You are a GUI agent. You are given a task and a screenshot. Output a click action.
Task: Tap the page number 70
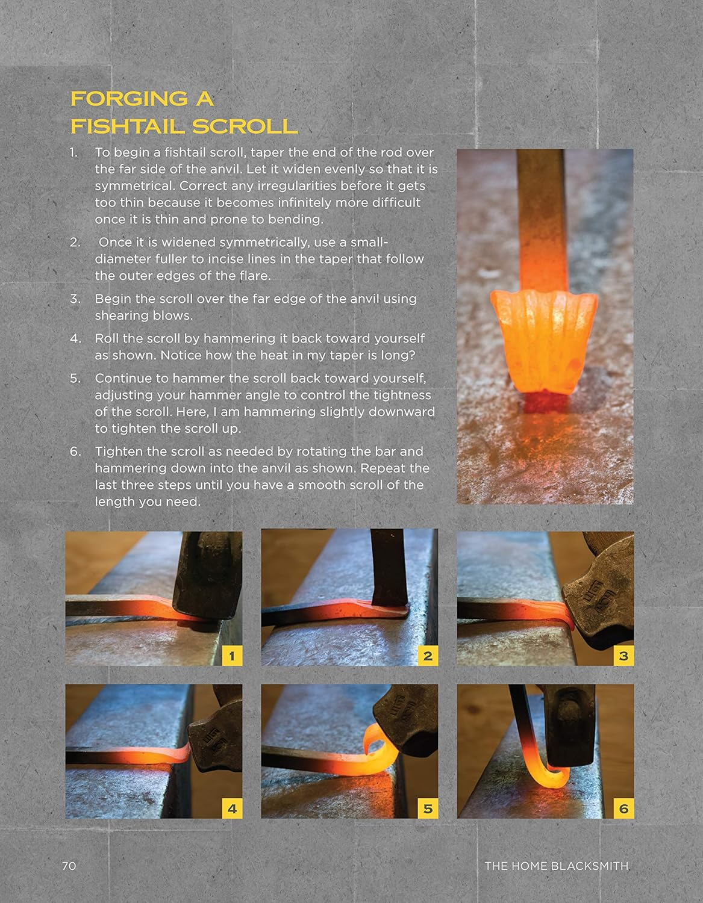[69, 866]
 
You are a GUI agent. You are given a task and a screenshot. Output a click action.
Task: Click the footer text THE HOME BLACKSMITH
[556, 866]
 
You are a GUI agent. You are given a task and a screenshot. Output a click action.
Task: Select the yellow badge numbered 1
[232, 656]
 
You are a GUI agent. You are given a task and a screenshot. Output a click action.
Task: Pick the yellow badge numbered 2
[428, 656]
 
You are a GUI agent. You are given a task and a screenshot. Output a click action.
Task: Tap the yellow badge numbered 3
[623, 656]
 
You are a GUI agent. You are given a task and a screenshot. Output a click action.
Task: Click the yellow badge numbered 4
[232, 808]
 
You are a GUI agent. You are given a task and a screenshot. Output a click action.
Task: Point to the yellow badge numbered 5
[428, 808]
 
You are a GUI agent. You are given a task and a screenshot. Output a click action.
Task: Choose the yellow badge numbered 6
[623, 808]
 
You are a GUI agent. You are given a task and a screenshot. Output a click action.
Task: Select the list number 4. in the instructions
[75, 338]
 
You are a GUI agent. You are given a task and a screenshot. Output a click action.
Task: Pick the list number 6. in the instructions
[75, 451]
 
